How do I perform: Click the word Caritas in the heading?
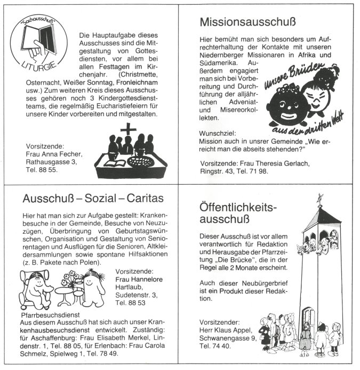144,198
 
